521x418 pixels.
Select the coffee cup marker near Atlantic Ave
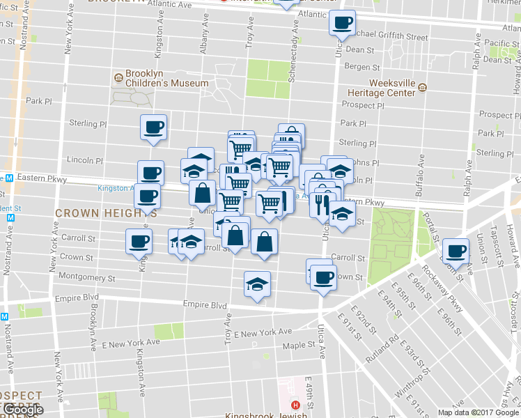point(342,22)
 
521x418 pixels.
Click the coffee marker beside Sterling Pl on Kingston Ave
point(153,127)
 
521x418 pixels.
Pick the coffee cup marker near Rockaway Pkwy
point(456,250)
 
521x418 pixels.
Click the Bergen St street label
point(363,68)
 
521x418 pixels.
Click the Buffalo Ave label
point(420,174)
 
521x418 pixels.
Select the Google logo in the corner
point(22,410)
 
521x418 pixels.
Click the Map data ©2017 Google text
point(477,412)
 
